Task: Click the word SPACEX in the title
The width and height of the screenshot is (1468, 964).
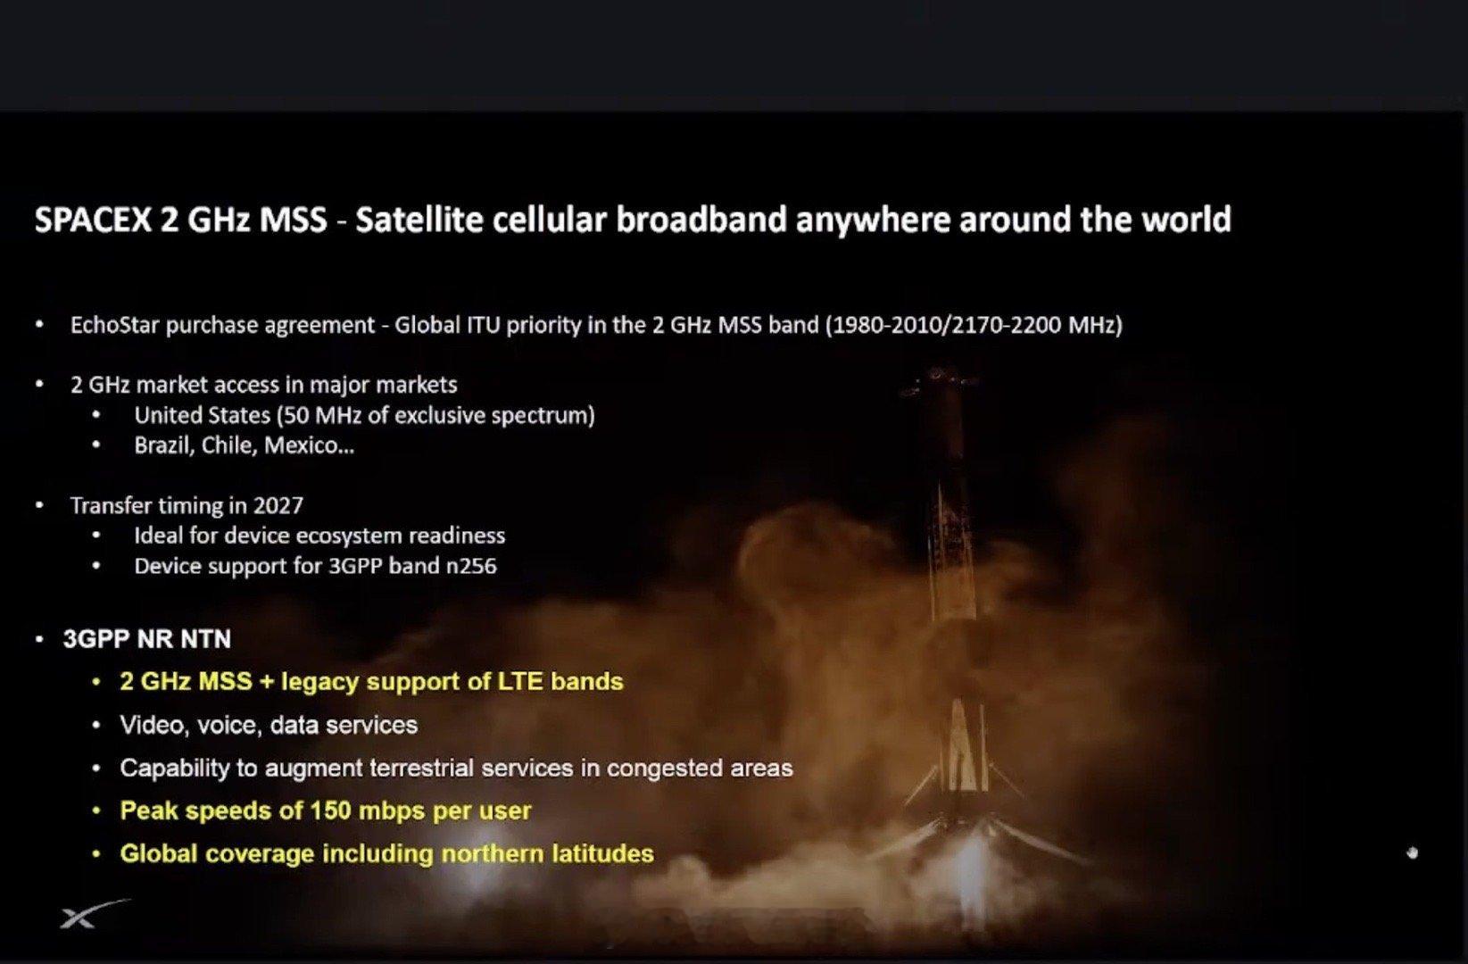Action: click(x=93, y=220)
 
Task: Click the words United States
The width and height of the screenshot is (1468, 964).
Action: click(x=202, y=415)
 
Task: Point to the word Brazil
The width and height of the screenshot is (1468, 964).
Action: click(x=163, y=445)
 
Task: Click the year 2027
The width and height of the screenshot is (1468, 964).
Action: click(x=278, y=506)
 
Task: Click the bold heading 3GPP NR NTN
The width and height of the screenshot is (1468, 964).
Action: click(x=147, y=639)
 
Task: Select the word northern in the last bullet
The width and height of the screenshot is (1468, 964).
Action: click(x=492, y=854)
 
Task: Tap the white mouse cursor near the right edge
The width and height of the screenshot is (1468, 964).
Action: click(x=1412, y=853)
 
